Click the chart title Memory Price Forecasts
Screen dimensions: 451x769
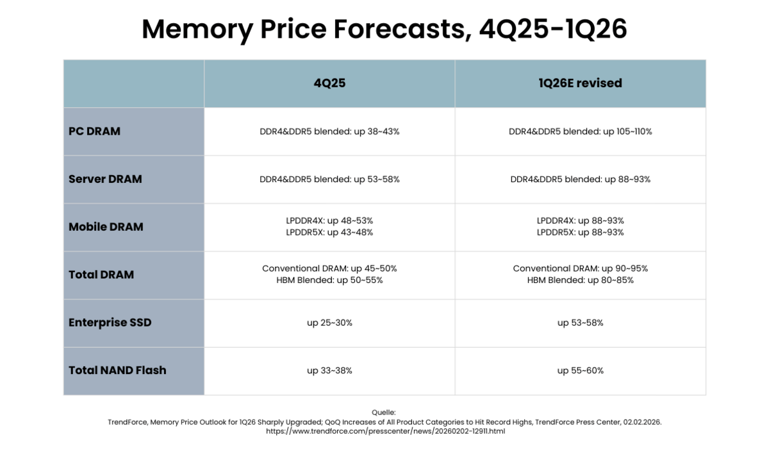tap(384, 30)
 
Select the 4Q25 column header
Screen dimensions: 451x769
tap(329, 83)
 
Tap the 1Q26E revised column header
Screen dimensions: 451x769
tap(580, 83)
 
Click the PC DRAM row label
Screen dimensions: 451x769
tap(94, 132)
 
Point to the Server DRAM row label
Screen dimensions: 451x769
tap(105, 179)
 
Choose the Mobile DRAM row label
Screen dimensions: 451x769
tap(106, 227)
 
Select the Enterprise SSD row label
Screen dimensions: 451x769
tap(110, 323)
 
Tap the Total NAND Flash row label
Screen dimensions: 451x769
tap(117, 370)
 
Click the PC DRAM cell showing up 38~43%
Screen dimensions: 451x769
tap(329, 132)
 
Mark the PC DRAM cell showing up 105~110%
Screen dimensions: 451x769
tap(580, 132)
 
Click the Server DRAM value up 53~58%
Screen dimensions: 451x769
tap(329, 180)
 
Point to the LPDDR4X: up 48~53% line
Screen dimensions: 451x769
tap(329, 221)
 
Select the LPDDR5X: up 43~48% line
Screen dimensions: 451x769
tap(329, 232)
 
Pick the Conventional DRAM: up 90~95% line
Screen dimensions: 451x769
tap(580, 269)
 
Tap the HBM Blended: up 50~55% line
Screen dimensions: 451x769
tap(329, 280)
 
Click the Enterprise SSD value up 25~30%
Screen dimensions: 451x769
tap(329, 323)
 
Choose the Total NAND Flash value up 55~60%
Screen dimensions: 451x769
tap(580, 371)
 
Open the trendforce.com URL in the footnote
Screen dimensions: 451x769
tap(385, 431)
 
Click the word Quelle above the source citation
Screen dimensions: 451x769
tap(384, 413)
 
